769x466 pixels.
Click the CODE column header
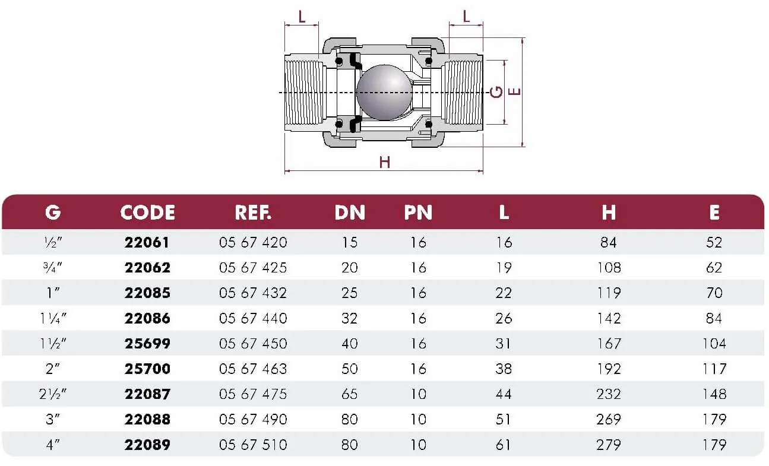tap(148, 213)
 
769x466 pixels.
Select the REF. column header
tap(253, 213)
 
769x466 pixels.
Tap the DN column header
tap(350, 213)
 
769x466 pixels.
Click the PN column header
tap(418, 213)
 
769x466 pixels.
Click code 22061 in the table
tap(147, 243)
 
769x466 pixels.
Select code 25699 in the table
tap(147, 344)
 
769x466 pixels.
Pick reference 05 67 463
tap(253, 369)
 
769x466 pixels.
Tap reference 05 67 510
tap(253, 445)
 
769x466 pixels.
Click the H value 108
tap(609, 268)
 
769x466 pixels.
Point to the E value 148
tap(714, 394)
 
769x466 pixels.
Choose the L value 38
tap(504, 369)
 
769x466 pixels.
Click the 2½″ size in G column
tap(52, 394)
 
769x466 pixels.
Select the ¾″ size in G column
tap(52, 268)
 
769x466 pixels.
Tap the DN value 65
tap(350, 394)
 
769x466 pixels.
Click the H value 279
tap(609, 445)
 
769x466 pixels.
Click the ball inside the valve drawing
tap(385, 92)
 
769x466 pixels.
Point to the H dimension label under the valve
tap(385, 162)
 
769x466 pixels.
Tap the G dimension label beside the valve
tap(496, 92)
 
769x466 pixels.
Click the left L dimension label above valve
tap(302, 17)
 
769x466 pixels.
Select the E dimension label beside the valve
tap(514, 92)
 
